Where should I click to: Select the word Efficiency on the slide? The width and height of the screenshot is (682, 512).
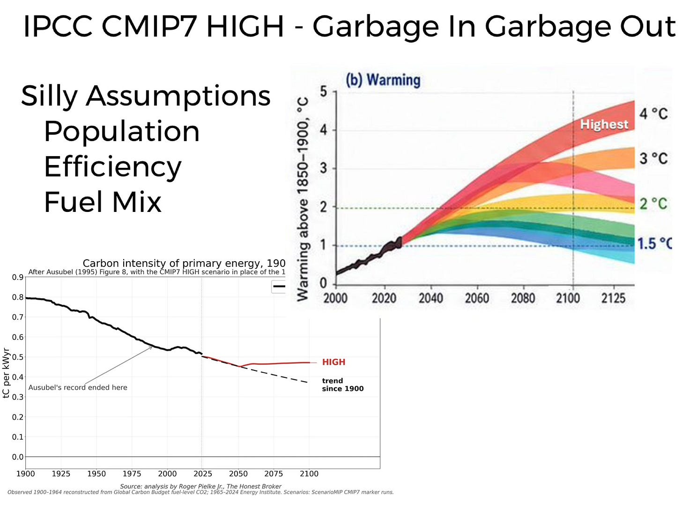(113, 167)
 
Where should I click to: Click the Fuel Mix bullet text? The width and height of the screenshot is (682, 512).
(103, 202)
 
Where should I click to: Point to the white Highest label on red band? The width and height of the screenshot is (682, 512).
(604, 124)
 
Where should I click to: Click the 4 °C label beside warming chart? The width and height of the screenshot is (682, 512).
(653, 113)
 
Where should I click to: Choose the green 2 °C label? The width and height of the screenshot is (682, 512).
(653, 203)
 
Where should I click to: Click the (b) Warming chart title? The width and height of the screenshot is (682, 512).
(383, 80)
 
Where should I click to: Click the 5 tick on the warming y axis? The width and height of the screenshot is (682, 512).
(324, 92)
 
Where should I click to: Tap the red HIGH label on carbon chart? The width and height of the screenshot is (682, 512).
(334, 362)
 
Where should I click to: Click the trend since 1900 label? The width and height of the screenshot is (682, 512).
(343, 385)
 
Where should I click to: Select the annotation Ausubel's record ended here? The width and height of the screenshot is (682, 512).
(78, 388)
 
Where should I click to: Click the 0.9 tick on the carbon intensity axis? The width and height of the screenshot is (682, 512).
(18, 277)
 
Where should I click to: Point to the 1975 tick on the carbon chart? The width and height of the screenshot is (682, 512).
(132, 474)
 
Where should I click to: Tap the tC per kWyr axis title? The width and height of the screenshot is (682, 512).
(6, 373)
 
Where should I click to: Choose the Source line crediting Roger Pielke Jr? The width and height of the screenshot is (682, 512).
(201, 486)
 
